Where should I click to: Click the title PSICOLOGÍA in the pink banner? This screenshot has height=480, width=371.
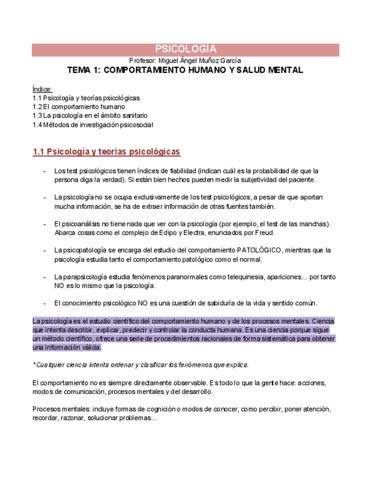pyautogui.click(x=185, y=49)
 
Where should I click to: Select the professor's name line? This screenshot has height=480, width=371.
pyautogui.click(x=185, y=60)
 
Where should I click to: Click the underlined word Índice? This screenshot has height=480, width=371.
pyautogui.click(x=42, y=89)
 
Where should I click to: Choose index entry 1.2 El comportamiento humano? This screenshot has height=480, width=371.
pyautogui.click(x=79, y=106)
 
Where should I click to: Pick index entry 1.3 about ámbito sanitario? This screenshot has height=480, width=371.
pyautogui.click(x=89, y=115)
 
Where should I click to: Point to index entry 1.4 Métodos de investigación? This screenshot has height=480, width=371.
pyautogui.click(x=93, y=125)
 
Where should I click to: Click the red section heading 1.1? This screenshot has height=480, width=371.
pyautogui.click(x=106, y=152)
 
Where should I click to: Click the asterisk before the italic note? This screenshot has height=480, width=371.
pyautogui.click(x=34, y=365)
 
